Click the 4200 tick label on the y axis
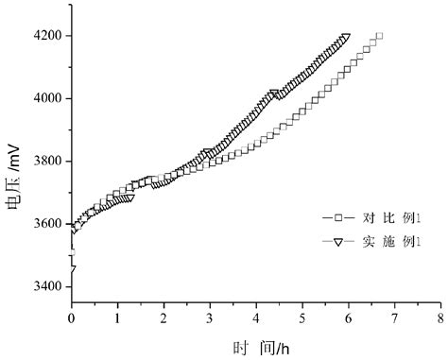(x=47, y=37)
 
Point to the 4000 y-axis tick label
(x=47, y=99)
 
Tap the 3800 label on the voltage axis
(x=47, y=162)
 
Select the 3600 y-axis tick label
(x=47, y=224)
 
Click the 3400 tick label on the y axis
(x=47, y=286)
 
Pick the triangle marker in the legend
(x=333, y=242)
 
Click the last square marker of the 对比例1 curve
(x=379, y=37)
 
